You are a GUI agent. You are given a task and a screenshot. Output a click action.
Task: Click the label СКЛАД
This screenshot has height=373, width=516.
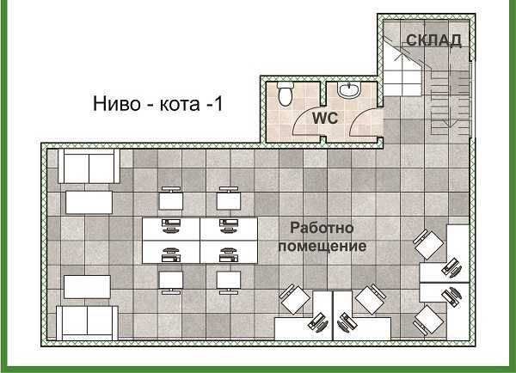[434, 40]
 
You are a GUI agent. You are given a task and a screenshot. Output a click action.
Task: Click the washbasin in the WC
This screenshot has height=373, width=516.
[349, 90]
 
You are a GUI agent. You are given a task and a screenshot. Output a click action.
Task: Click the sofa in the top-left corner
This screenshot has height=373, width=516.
[87, 166]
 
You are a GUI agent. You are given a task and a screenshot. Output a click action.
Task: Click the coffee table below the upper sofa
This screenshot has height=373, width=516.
[89, 203]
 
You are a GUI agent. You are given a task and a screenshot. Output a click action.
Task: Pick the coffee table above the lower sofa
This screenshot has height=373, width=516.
[87, 286]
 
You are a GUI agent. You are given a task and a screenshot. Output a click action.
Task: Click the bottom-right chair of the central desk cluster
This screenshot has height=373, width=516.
[228, 280]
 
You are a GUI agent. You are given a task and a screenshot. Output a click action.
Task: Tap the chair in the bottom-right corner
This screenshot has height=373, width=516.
[428, 320]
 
